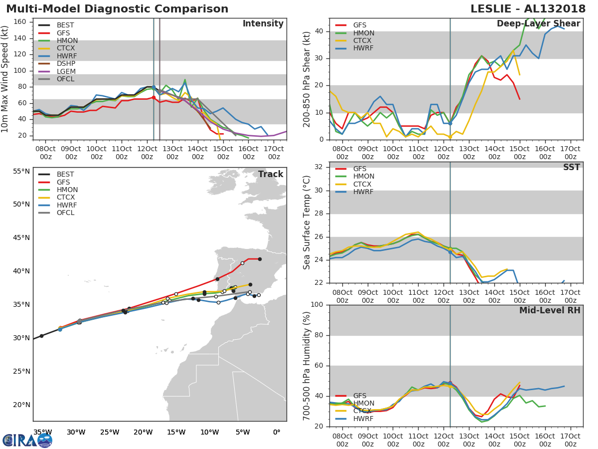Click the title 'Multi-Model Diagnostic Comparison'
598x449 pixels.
pyautogui.click(x=117, y=9)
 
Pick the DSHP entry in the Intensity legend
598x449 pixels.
pyautogui.click(x=66, y=64)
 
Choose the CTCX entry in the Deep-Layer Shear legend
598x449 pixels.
pyautogui.click(x=363, y=40)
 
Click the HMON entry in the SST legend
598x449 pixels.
pyautogui.click(x=363, y=177)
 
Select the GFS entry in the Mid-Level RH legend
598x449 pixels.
pyautogui.click(x=359, y=396)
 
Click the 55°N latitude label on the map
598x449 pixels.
pyautogui.click(x=21, y=171)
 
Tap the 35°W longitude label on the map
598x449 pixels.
pyautogui.click(x=42, y=432)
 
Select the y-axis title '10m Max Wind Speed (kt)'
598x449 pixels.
pyautogui.click(x=5, y=80)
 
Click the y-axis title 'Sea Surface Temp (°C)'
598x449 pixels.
pyautogui.click(x=307, y=222)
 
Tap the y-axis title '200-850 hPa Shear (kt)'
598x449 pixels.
pyautogui.click(x=307, y=79)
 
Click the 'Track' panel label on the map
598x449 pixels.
pyautogui.click(x=270, y=174)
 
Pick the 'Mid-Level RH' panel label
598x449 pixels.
pyautogui.click(x=549, y=311)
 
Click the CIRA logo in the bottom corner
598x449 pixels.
pyautogui.click(x=27, y=440)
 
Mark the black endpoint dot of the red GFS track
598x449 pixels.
pyautogui.click(x=260, y=259)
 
